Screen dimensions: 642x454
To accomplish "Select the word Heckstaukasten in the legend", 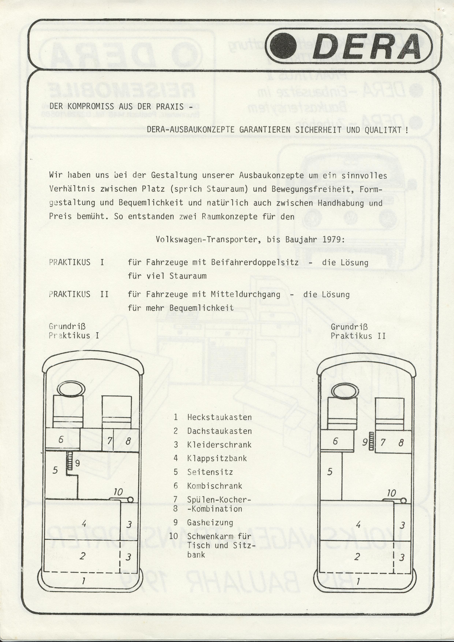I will point(219,417).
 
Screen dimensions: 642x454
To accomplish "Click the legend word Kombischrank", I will point(214,486).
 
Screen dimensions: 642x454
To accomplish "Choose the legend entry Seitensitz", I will point(210,472).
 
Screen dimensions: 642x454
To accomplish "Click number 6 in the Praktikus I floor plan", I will point(61,440).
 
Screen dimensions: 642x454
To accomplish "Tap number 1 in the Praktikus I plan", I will point(83,581).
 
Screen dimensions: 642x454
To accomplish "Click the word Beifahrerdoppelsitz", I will point(255,262).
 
